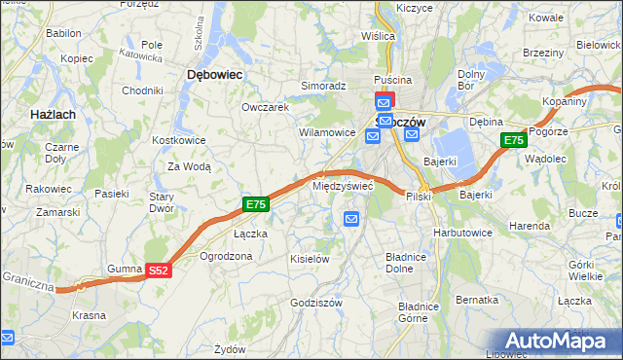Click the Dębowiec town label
(214, 74)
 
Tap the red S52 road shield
(160, 271)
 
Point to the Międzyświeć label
(343, 184)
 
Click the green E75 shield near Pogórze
(514, 141)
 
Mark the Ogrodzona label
(226, 256)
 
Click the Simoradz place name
(323, 86)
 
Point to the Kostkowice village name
(178, 140)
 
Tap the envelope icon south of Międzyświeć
(351, 220)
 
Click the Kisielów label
(311, 259)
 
